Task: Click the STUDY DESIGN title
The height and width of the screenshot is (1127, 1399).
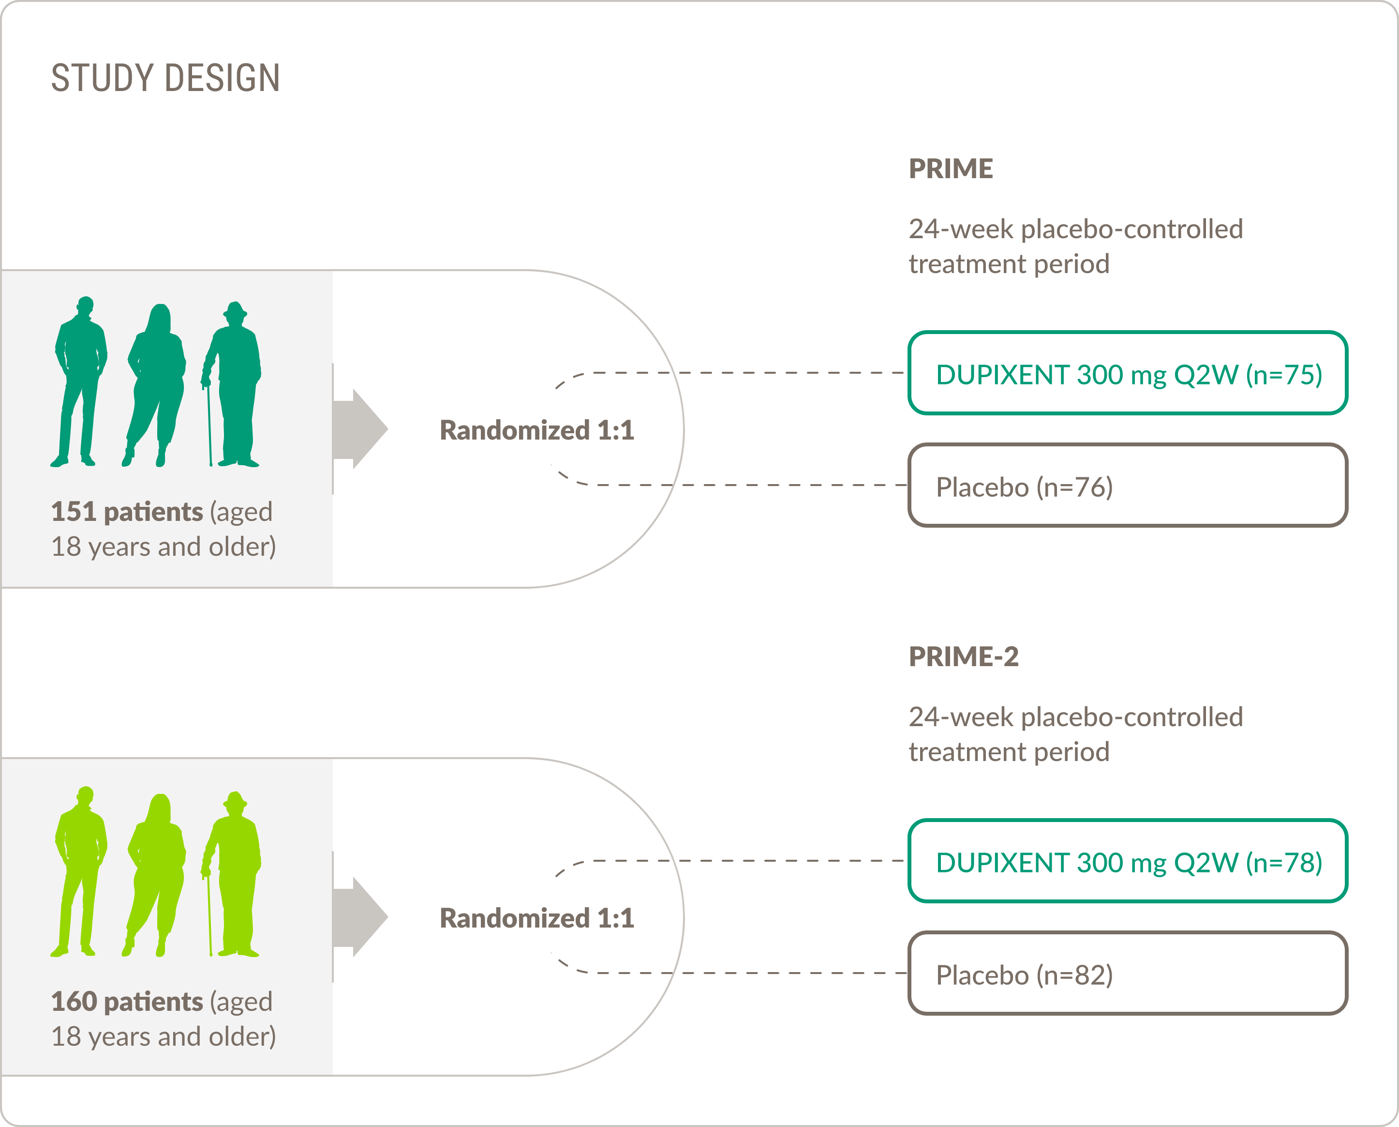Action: point(165,78)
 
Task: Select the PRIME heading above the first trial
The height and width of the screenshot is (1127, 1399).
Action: point(950,169)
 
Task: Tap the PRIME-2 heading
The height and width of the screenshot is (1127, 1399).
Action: point(963,656)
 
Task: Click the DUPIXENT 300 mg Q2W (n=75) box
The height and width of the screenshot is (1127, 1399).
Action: point(1128,373)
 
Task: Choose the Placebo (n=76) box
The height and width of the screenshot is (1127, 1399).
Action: point(1128,486)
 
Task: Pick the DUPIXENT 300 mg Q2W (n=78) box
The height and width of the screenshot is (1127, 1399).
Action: point(1128,862)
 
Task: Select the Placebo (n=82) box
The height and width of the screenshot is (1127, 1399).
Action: point(1128,974)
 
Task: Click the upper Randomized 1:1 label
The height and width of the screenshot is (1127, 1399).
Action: point(536,430)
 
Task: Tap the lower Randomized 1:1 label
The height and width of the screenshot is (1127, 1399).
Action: point(536,918)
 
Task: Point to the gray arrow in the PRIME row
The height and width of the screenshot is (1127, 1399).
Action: point(360,429)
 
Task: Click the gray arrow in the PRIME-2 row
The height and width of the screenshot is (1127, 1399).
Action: point(360,917)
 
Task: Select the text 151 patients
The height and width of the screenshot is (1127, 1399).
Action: point(127,512)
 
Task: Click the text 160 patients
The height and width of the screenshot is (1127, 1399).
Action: point(127,1001)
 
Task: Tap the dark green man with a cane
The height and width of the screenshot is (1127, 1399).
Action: point(238,383)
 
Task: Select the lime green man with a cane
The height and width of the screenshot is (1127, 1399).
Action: point(238,873)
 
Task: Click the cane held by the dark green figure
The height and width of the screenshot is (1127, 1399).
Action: point(209,428)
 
